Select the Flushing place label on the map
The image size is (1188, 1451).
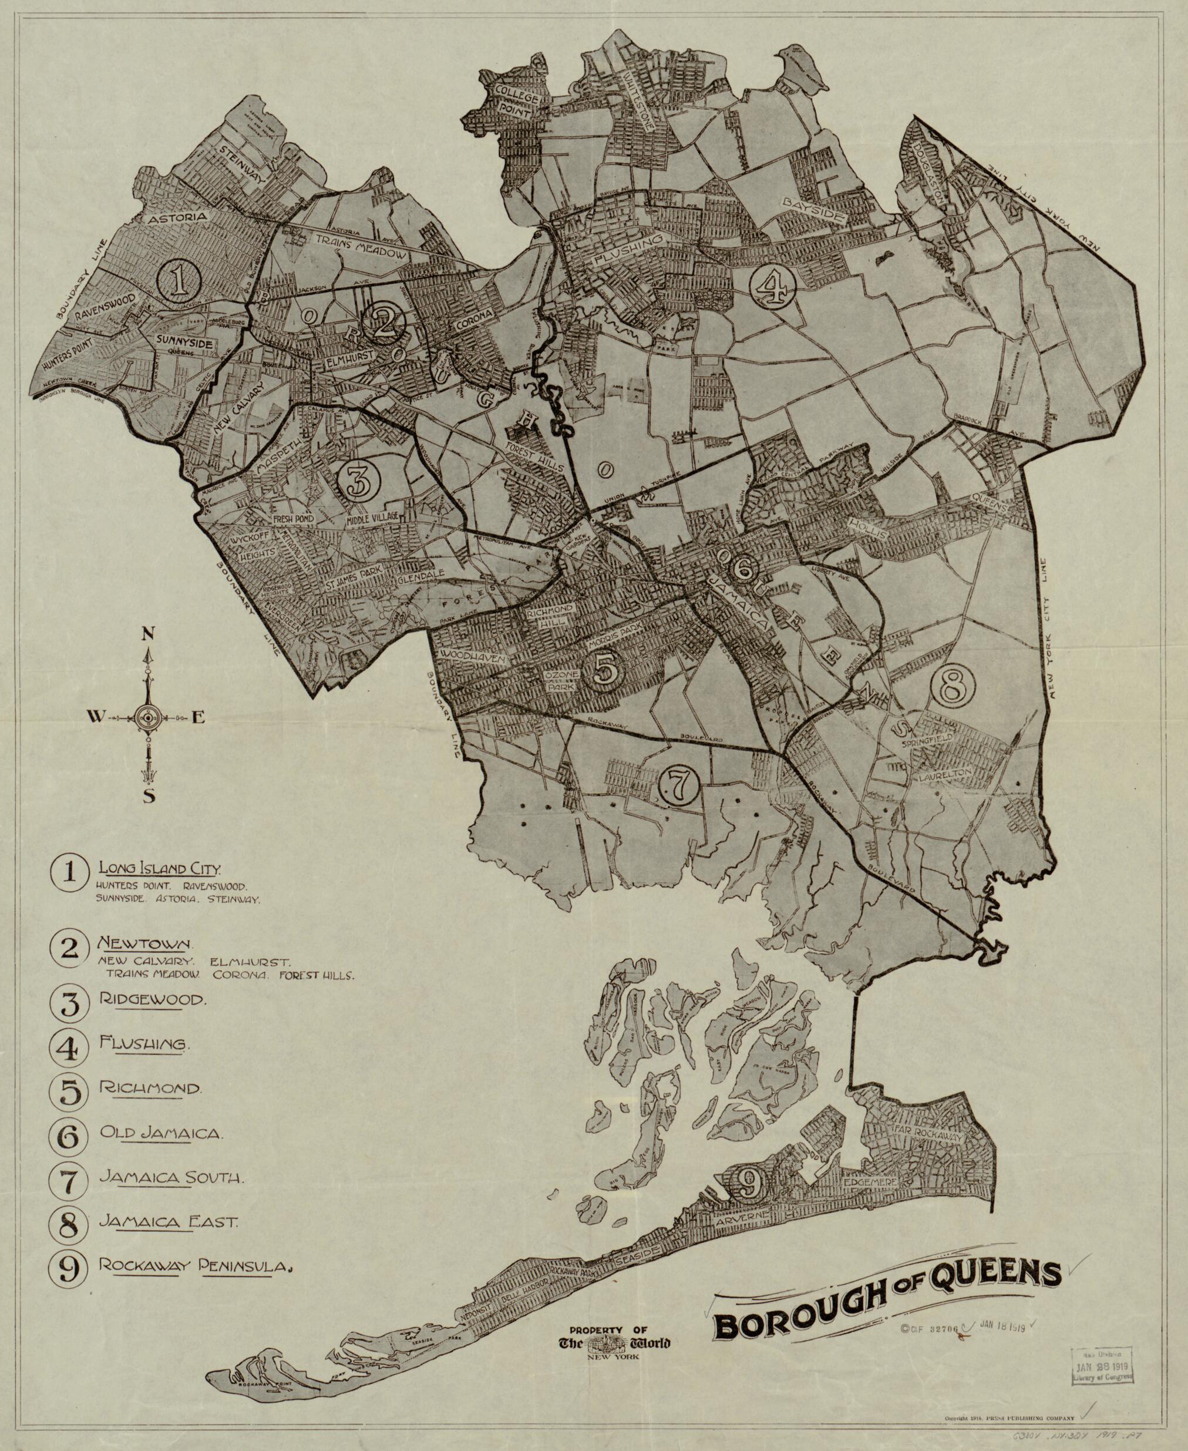(628, 250)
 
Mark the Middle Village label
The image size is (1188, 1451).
(373, 518)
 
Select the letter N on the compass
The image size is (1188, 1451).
(146, 634)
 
